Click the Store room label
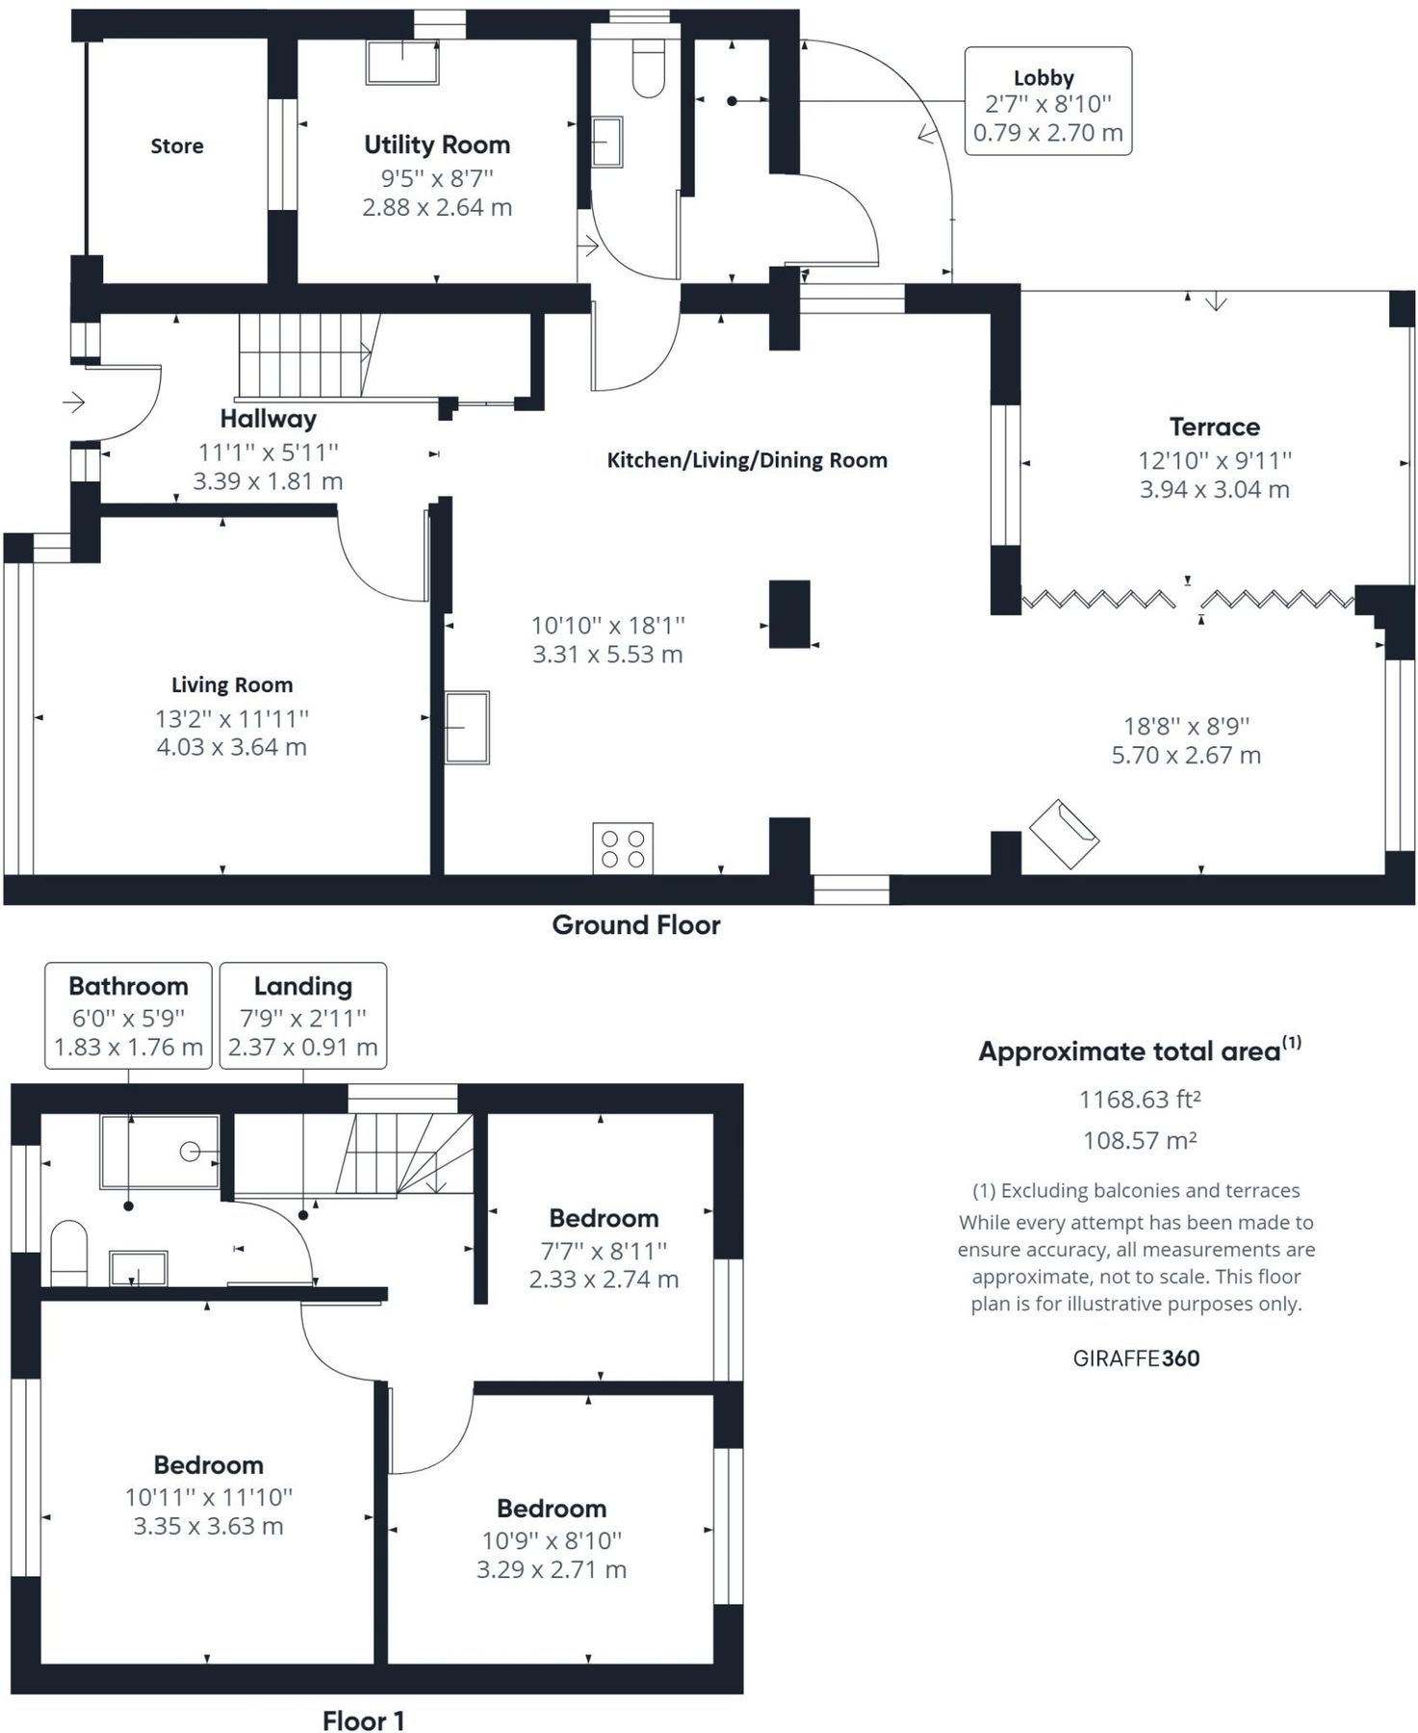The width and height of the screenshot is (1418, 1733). pos(177,146)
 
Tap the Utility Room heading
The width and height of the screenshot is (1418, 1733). pos(437,145)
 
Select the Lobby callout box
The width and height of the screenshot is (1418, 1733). pos(1048,101)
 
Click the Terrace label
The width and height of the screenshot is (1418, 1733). pos(1215,427)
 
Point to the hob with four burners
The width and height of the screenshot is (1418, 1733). pos(623,848)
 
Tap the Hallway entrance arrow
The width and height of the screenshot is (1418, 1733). pos(73,401)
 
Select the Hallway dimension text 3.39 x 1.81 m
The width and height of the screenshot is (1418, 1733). pos(268,481)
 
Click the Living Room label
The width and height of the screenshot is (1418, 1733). pos(232,685)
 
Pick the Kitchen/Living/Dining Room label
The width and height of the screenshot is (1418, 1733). pos(747,460)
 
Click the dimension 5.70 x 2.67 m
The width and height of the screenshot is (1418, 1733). pos(1186,756)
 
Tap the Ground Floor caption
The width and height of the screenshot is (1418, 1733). pos(636,925)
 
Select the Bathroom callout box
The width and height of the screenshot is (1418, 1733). pos(128,1015)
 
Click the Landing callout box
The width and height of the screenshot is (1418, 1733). pos(303,1015)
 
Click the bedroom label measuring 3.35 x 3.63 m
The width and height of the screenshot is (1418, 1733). pos(209,1465)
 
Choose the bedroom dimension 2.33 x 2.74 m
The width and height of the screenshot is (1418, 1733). pos(604,1280)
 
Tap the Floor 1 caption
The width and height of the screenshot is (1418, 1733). pos(363,1720)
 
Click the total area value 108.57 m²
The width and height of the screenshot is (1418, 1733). pos(1140,1141)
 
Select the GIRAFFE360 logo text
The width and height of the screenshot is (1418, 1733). pos(1137,1358)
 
